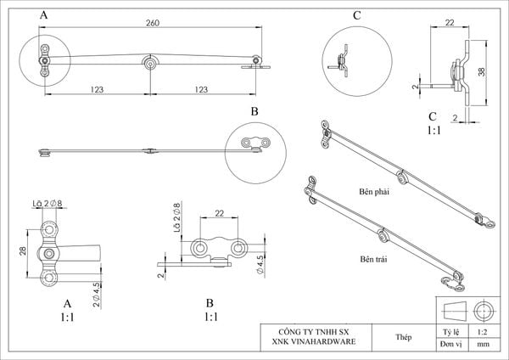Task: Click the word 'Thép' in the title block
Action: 404,336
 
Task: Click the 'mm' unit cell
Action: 482,346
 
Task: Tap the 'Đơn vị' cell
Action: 450,346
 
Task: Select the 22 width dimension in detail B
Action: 220,214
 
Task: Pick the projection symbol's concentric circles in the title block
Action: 486,307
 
